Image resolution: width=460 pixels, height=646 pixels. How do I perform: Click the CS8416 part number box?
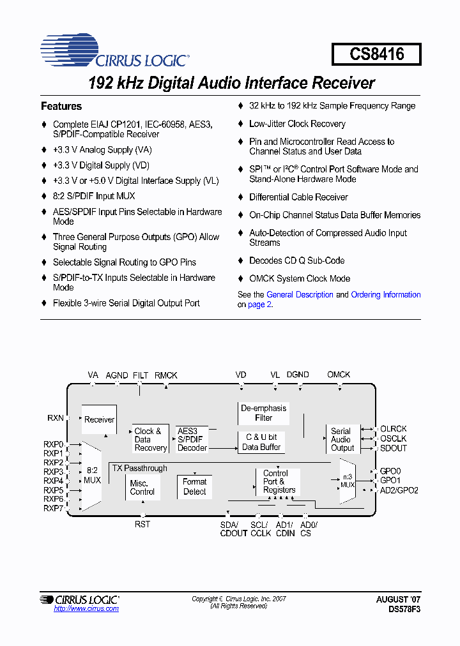tap(376, 54)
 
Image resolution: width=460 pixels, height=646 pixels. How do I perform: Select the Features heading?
tap(61, 107)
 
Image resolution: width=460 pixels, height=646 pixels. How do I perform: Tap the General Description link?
tap(300, 295)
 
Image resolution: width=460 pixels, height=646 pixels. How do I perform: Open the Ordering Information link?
tap(386, 295)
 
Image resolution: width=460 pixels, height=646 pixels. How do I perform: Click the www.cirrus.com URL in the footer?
tap(86, 608)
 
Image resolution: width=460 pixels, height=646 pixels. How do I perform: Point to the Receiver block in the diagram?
tap(99, 419)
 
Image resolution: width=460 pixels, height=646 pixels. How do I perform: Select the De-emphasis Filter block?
tap(263, 413)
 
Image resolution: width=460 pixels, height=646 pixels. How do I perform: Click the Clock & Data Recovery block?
tap(150, 439)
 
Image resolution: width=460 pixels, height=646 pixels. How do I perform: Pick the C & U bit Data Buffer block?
tap(261, 442)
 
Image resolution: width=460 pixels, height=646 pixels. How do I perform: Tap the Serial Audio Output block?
tap(342, 439)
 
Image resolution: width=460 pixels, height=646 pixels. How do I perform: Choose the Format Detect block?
tap(194, 486)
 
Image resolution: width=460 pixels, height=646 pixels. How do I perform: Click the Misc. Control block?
tap(142, 487)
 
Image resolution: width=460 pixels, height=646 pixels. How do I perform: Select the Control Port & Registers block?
tap(279, 482)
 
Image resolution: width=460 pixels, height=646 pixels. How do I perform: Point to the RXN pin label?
tap(56, 418)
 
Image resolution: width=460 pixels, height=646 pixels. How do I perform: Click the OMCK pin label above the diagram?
tap(339, 375)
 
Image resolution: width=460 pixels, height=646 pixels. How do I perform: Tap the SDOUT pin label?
tap(393, 448)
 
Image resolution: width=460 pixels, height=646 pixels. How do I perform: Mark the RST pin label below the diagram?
tap(142, 524)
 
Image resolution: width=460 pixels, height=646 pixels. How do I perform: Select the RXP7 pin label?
tap(54, 508)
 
